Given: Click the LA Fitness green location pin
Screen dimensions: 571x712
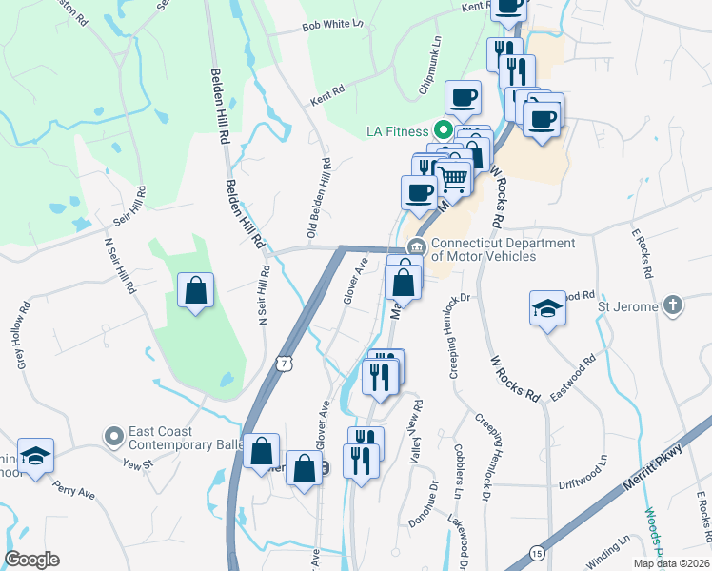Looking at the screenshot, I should (443, 130).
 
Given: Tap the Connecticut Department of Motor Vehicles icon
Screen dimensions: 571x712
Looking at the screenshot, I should (415, 248).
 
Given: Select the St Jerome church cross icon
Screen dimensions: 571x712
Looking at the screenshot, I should (673, 306).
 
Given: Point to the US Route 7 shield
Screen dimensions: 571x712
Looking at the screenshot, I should (283, 363).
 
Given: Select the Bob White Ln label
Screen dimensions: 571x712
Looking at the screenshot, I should (333, 29).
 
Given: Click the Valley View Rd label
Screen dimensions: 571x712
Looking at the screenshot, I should (416, 432).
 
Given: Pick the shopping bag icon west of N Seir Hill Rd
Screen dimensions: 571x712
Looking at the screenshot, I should (195, 290).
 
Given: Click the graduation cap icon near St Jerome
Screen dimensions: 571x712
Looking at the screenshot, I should (547, 308).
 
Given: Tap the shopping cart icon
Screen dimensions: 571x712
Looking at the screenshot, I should (455, 177).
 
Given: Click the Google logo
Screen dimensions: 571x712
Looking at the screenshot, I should (31, 560).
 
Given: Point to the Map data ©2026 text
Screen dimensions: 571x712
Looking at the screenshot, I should (670, 563).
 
